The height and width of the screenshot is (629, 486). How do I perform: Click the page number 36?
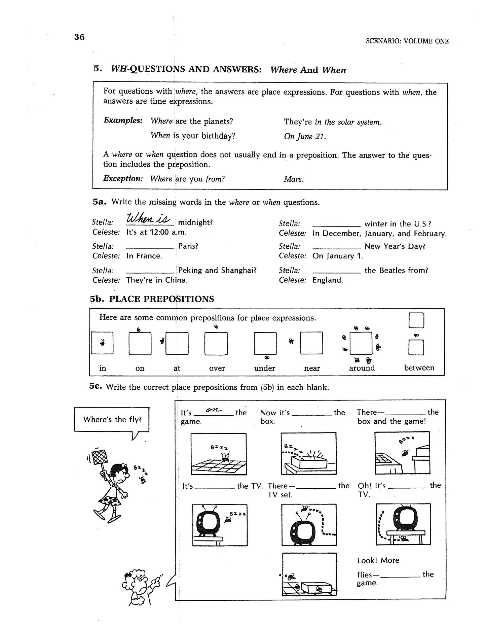79,37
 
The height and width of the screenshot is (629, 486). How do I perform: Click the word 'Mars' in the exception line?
294,179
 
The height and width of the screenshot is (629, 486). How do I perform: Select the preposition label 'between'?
419,368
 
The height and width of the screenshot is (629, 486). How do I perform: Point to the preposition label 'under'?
265,368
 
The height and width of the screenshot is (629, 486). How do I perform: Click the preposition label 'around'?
362,368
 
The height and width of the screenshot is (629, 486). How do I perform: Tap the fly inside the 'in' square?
102,343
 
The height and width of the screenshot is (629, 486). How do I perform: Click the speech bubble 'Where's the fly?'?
112,419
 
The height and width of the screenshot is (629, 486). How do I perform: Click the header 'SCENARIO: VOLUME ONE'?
407,41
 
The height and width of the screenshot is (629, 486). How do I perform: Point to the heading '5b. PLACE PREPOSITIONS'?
152,299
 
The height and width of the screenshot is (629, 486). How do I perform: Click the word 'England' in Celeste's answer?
328,280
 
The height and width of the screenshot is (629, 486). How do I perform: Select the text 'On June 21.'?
305,136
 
